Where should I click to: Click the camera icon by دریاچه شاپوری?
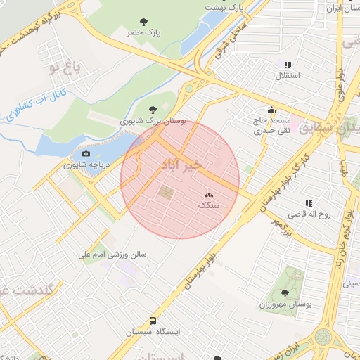point(86,154)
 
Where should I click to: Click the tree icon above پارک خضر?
point(144,22)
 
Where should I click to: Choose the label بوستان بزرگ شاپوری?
point(153,121)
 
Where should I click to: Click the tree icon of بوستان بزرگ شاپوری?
point(153,110)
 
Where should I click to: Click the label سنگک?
point(209,205)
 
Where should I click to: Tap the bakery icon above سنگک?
point(209,195)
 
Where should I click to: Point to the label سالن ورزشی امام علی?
point(112,254)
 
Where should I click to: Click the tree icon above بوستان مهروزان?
point(285,293)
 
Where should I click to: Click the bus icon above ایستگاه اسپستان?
point(144,321)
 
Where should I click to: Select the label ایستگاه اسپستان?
point(154,331)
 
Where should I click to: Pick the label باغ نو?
point(65,67)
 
